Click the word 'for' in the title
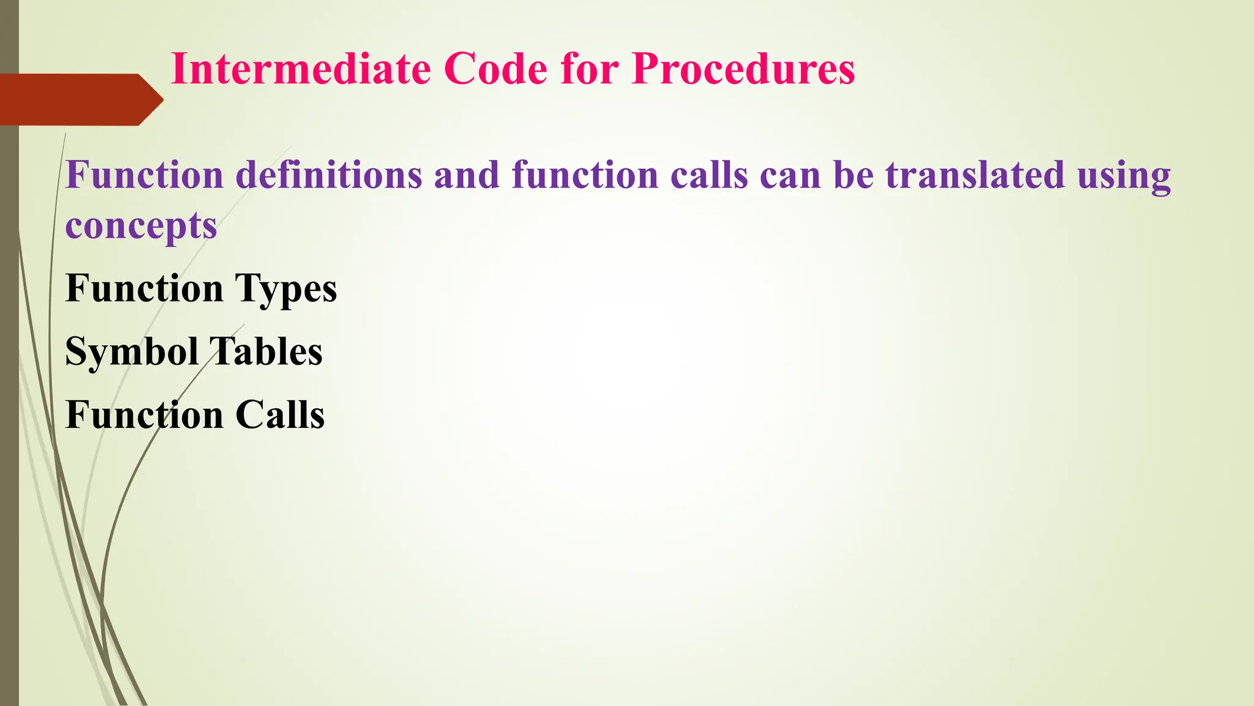point(590,69)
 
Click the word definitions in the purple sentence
point(329,175)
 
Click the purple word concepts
point(141,227)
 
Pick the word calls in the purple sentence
point(709,175)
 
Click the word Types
point(286,289)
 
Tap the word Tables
point(266,352)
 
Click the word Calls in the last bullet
point(280,415)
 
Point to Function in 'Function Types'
point(144,288)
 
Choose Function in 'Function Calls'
point(144,415)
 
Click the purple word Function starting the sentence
point(144,175)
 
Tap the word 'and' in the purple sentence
point(467,175)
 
